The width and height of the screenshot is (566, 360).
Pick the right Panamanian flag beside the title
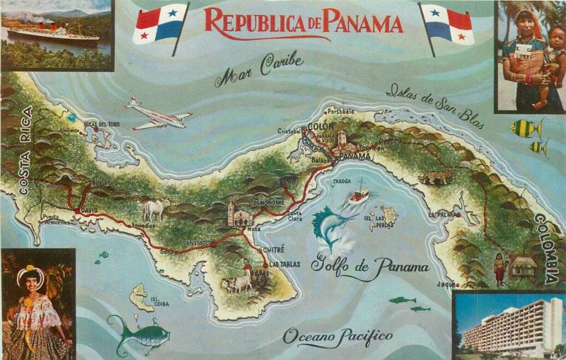point(447,25)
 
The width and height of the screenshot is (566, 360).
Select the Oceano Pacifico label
point(337,337)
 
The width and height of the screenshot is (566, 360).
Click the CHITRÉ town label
point(273,249)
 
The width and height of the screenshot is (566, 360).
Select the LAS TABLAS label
point(284,265)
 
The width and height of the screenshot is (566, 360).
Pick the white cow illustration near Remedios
point(157,209)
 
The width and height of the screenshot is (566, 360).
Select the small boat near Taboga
point(359,193)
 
